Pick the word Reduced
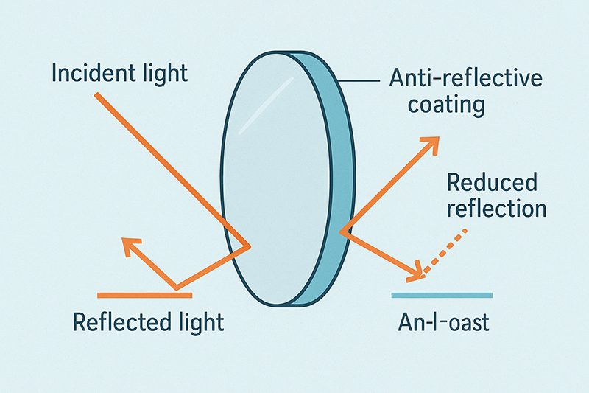(x=492, y=182)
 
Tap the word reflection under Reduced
(x=496, y=208)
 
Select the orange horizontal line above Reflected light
(x=144, y=294)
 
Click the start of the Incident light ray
(x=81, y=91)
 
